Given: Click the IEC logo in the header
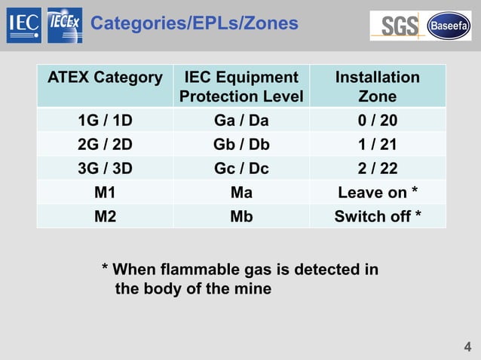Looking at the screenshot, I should [x=23, y=26].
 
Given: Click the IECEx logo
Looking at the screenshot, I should [x=65, y=26].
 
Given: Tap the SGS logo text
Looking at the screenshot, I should [x=399, y=26].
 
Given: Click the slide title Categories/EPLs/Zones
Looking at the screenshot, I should [x=194, y=24].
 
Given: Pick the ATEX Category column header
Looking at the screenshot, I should [x=106, y=78].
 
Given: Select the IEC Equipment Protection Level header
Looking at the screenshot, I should [x=241, y=87].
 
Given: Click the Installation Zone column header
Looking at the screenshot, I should [x=377, y=87].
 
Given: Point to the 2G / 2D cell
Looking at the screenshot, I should [x=106, y=145].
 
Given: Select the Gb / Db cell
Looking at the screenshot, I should [x=241, y=145].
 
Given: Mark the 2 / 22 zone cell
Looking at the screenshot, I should [x=377, y=169].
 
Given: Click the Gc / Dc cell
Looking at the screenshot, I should [x=241, y=169].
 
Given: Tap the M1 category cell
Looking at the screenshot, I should [x=106, y=193].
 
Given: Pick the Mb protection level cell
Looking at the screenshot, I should [x=241, y=217].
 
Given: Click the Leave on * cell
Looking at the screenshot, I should [x=377, y=193].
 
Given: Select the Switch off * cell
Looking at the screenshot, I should [x=377, y=217].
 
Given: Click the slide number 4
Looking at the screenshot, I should [x=467, y=347].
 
